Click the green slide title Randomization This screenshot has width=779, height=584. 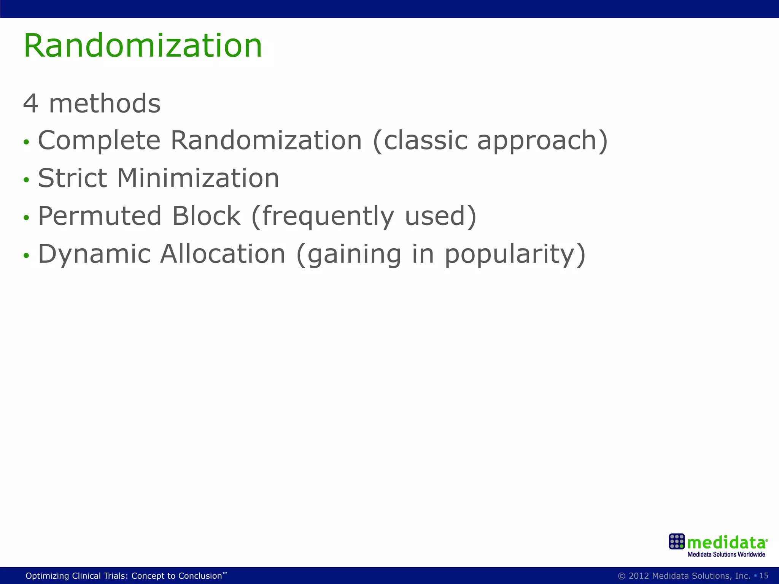(x=143, y=46)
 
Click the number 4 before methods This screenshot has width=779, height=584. (x=30, y=103)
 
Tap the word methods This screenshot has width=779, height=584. (x=105, y=103)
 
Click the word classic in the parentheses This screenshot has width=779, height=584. (x=425, y=140)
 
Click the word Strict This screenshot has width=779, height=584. (x=73, y=178)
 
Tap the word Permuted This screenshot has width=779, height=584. (x=100, y=216)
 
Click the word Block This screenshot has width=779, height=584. (x=206, y=216)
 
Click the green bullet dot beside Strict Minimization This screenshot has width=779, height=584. (x=26, y=179)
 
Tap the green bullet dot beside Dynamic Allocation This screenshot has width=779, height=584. (x=26, y=255)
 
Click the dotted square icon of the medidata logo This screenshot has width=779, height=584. (x=676, y=541)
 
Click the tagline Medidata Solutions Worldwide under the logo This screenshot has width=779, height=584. (x=726, y=554)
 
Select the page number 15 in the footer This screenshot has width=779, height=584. (x=763, y=576)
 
